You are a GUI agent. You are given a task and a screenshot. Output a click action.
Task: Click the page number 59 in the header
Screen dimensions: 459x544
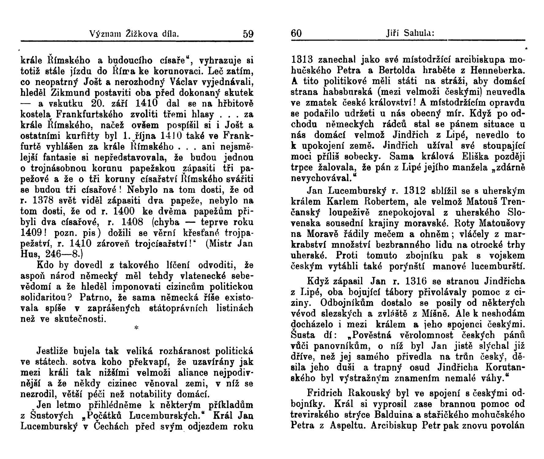[x=248, y=33]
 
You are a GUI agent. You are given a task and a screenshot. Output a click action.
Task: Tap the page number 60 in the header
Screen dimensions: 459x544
[x=296, y=33]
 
